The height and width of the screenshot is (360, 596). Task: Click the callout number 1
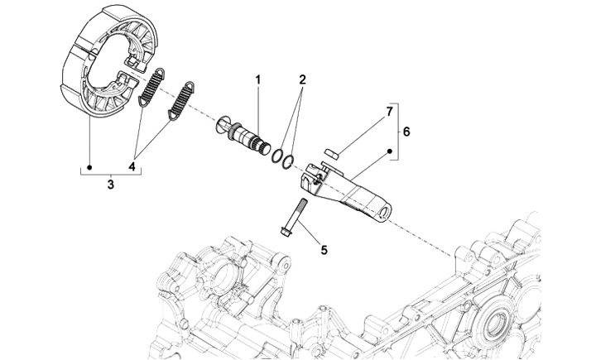click(x=258, y=80)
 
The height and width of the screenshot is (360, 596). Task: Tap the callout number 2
click(x=302, y=79)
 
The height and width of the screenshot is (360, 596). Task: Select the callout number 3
click(x=111, y=185)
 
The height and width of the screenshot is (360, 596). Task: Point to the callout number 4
click(x=132, y=166)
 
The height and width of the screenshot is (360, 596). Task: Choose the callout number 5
click(x=324, y=250)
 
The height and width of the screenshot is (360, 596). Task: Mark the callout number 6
click(x=406, y=132)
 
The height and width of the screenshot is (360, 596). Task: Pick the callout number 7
click(x=389, y=112)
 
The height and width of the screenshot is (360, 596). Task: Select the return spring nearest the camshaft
click(x=181, y=101)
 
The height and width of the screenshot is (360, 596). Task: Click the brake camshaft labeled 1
click(x=243, y=136)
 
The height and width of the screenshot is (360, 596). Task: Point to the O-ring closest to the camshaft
click(x=277, y=156)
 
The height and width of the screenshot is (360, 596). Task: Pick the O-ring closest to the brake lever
click(x=288, y=161)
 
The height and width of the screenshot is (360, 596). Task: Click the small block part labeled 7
click(x=332, y=153)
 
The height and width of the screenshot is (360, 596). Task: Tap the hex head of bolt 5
click(x=285, y=231)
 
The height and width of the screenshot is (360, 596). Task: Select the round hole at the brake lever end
click(x=386, y=211)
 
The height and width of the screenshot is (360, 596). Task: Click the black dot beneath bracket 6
click(x=390, y=151)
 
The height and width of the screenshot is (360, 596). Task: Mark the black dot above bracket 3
click(x=89, y=167)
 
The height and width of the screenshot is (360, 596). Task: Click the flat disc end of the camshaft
click(x=222, y=125)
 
